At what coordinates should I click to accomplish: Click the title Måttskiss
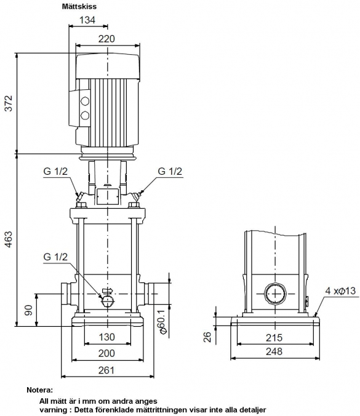[79, 7]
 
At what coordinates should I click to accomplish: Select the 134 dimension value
[87, 20]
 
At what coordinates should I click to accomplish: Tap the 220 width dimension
[106, 39]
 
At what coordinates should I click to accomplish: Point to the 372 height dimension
[9, 103]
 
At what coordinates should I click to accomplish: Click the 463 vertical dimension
[9, 239]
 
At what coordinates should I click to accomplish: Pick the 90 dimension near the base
[28, 310]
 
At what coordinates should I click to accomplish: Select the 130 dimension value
[106, 337]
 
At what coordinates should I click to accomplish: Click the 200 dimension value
[106, 353]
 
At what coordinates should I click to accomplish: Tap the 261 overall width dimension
[106, 370]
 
